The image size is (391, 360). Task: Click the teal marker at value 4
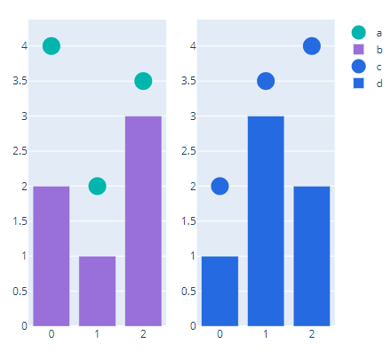[x=52, y=46]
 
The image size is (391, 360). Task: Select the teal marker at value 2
[x=98, y=186]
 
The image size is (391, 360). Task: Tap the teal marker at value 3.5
[x=143, y=81]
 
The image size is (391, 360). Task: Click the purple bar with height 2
[x=52, y=256]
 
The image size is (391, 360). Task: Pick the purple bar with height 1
[x=98, y=291]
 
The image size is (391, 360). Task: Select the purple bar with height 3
[x=143, y=220]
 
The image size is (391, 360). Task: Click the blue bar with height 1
[x=219, y=291]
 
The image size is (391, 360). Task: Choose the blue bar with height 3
[x=266, y=220]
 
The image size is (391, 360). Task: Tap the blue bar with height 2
[x=312, y=256]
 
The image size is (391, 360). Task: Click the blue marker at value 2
[x=219, y=186]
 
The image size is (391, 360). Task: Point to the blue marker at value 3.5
[x=266, y=81]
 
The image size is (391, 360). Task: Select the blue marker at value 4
[x=312, y=46]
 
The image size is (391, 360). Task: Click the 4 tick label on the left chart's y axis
[x=25, y=46]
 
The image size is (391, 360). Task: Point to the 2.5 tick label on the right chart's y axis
[x=188, y=151]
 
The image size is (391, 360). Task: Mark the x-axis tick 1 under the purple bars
[x=98, y=334]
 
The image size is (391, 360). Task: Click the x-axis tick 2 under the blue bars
[x=312, y=334]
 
